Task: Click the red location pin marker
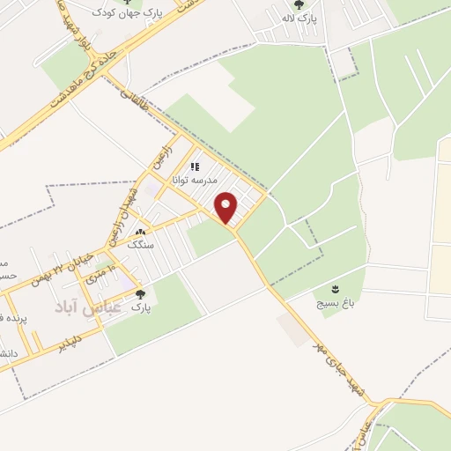click(x=226, y=207)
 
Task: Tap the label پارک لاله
click(x=299, y=18)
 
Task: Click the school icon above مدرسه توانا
click(x=195, y=166)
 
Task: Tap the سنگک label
click(x=141, y=245)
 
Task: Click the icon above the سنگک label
click(x=141, y=233)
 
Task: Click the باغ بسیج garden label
click(x=335, y=302)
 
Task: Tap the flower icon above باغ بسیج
click(x=335, y=289)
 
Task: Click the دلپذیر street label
click(x=67, y=339)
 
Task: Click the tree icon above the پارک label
click(x=140, y=294)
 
